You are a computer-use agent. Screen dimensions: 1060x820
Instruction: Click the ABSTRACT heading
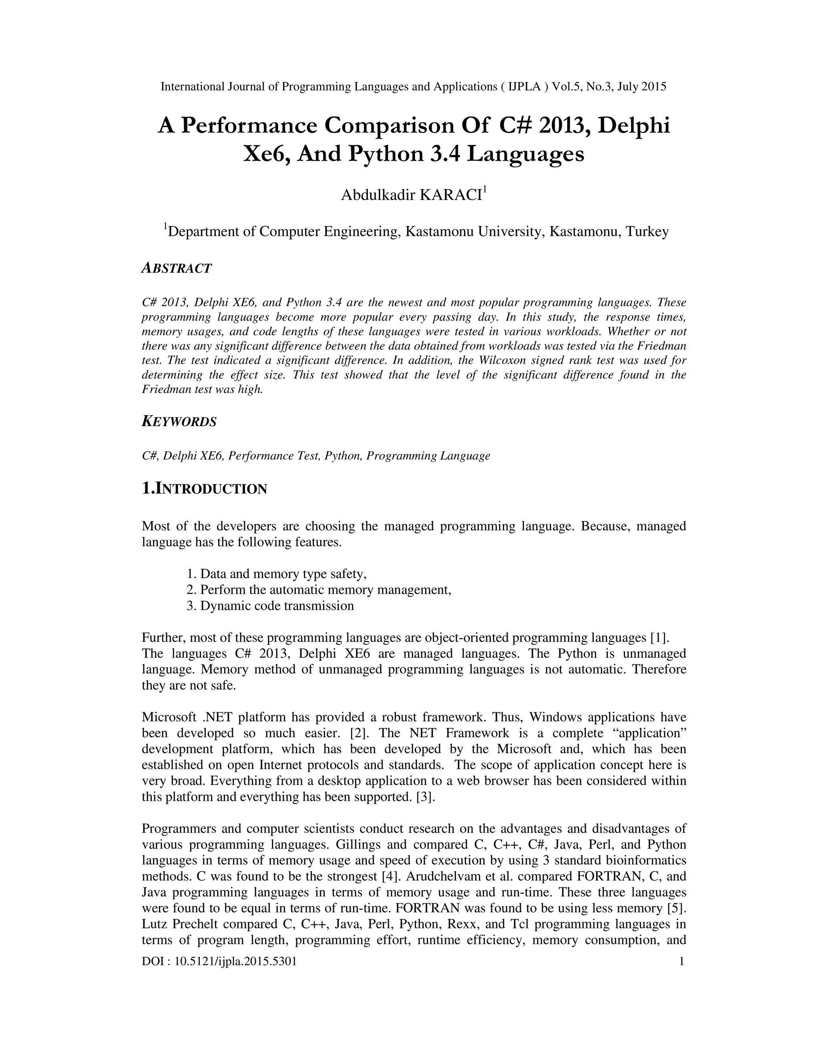pyautogui.click(x=176, y=268)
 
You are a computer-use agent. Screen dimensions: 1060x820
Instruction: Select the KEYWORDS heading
pyautogui.click(x=179, y=422)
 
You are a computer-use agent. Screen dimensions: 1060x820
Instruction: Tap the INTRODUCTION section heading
pyautogui.click(x=205, y=489)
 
